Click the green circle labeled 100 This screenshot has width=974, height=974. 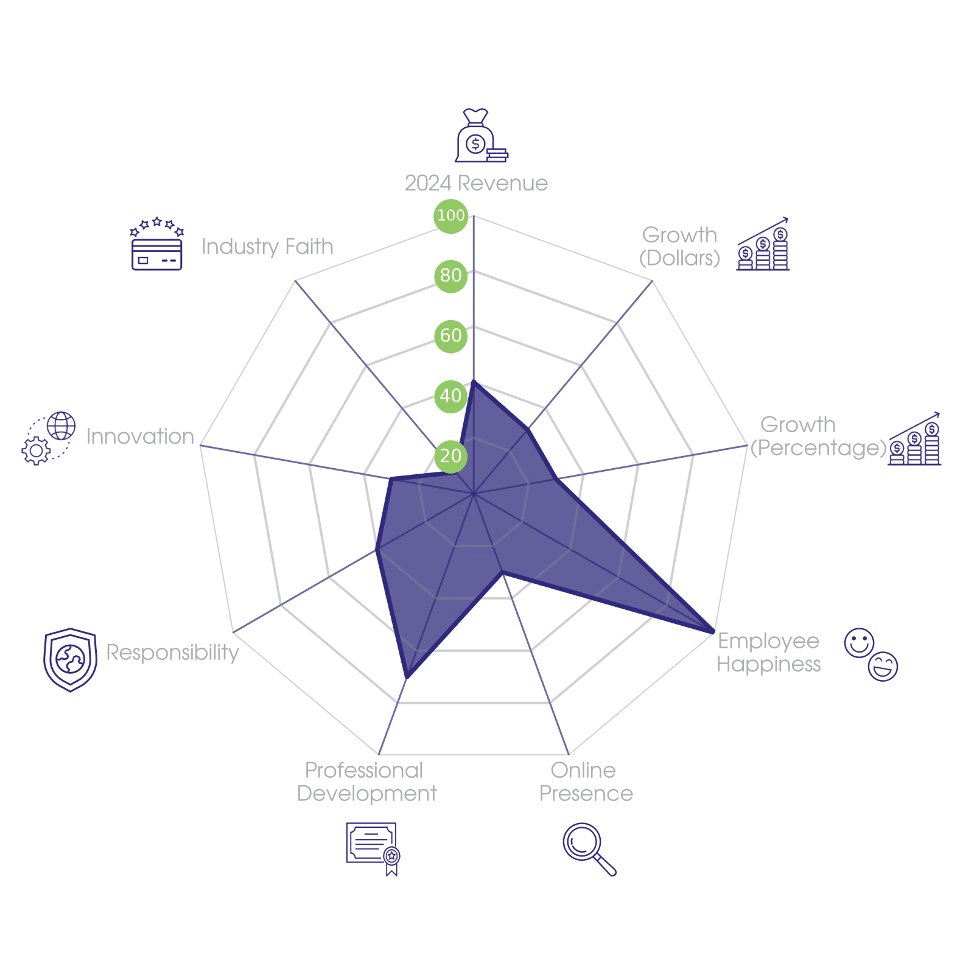(x=451, y=215)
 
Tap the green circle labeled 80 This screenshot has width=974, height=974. (x=451, y=276)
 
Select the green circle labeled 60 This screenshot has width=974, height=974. (x=451, y=336)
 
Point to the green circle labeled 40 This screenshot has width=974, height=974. (x=451, y=396)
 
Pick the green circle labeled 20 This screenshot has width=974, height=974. (x=451, y=456)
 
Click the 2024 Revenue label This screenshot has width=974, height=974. (x=476, y=183)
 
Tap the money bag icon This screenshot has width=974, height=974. (x=482, y=135)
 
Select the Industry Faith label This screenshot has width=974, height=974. (x=267, y=247)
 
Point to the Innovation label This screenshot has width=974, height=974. (x=140, y=436)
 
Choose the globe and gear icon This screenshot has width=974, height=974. (x=49, y=438)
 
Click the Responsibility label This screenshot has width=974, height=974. (x=172, y=653)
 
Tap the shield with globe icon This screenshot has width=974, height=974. (x=70, y=660)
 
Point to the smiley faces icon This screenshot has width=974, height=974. (x=871, y=654)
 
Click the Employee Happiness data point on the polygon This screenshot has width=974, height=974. (x=713, y=632)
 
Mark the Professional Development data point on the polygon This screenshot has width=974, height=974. (x=407, y=677)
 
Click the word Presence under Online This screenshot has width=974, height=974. (x=586, y=794)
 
